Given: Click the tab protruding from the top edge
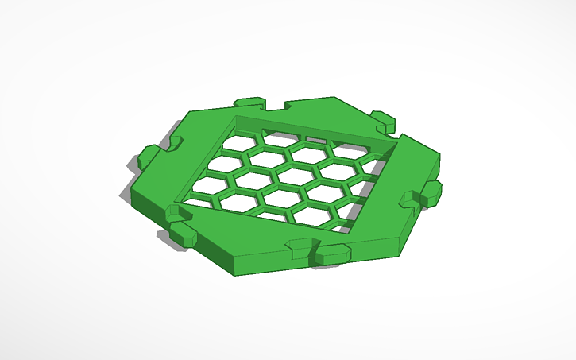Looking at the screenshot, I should pos(250,104).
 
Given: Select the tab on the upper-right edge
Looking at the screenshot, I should pos(384,120).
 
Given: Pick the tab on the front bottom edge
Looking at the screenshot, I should pos(331,254).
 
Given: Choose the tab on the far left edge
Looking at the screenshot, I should pos(148,157).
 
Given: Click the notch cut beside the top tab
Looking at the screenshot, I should pos(276,106).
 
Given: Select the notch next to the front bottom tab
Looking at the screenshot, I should pos(300,247).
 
